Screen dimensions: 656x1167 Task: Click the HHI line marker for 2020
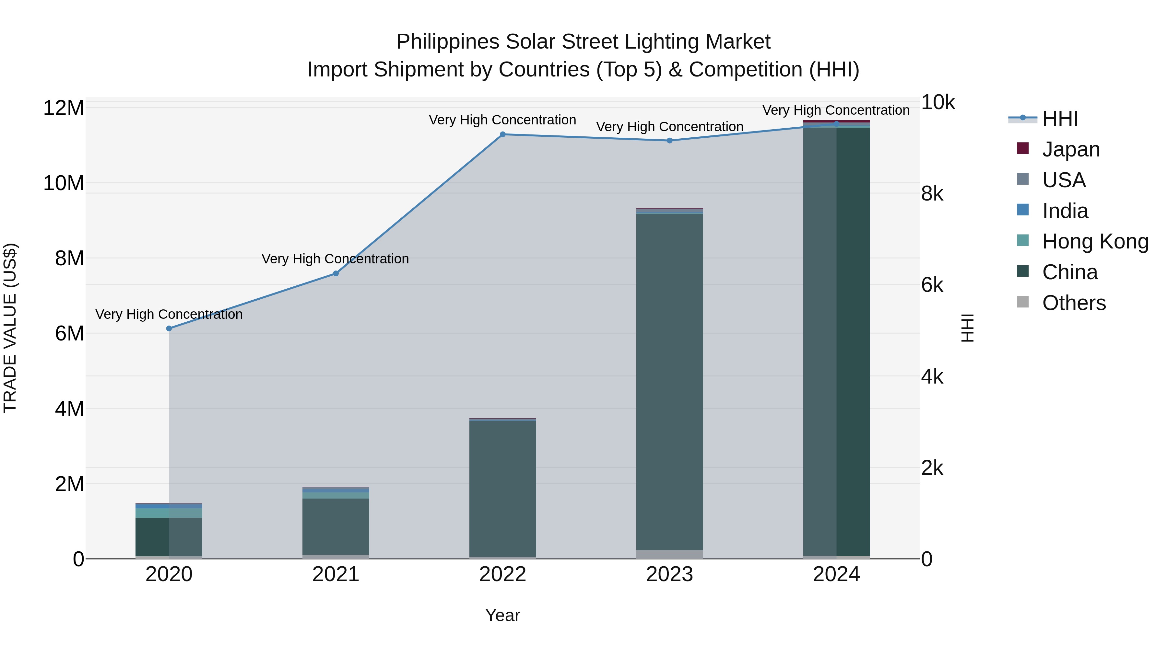[169, 328]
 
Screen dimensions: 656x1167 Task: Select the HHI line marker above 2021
[336, 273]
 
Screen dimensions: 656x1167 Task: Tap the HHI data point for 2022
[502, 134]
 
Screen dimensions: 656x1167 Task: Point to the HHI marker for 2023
[670, 140]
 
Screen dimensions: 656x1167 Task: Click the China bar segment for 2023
[670, 380]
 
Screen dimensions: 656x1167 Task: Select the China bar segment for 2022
[502, 489]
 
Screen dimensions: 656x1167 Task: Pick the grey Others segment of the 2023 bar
[670, 554]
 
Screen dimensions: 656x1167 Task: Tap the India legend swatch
[1022, 210]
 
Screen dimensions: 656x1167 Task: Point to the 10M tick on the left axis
[64, 183]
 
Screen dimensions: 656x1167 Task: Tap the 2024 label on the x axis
[836, 574]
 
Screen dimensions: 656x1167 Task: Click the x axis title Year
[502, 615]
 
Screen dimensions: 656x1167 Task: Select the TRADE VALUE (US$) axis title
[10, 328]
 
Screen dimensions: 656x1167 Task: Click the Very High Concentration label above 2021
[335, 259]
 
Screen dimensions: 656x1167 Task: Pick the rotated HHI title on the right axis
[967, 328]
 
